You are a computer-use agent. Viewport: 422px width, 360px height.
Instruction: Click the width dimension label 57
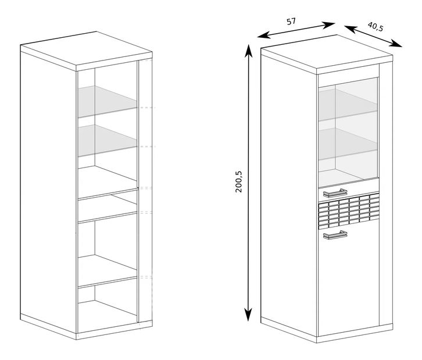pyautogui.click(x=291, y=22)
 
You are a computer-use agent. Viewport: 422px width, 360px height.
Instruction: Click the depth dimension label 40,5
pyautogui.click(x=375, y=26)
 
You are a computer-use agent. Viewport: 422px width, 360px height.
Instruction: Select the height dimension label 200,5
pyautogui.click(x=239, y=181)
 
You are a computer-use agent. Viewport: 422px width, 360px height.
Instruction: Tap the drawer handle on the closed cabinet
pyautogui.click(x=335, y=193)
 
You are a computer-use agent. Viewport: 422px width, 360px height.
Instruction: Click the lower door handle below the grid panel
pyautogui.click(x=335, y=235)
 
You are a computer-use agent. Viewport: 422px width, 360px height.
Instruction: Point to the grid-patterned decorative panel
pyautogui.click(x=349, y=211)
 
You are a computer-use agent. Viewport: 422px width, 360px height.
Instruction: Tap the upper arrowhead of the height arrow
pyautogui.click(x=248, y=51)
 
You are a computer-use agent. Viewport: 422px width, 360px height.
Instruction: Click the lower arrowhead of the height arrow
pyautogui.click(x=248, y=314)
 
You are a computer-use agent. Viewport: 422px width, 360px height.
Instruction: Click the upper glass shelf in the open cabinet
pyautogui.click(x=108, y=102)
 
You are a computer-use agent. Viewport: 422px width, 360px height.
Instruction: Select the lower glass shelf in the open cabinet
pyautogui.click(x=108, y=140)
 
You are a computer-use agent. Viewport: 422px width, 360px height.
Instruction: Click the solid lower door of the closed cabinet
pyautogui.click(x=349, y=280)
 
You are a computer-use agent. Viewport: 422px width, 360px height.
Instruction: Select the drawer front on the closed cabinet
pyautogui.click(x=349, y=194)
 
